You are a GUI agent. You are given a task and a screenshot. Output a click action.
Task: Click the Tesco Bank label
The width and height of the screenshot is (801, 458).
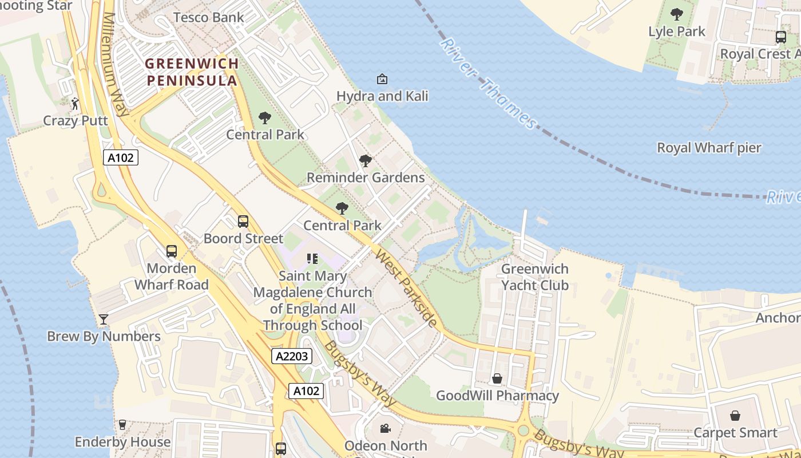(x=208, y=17)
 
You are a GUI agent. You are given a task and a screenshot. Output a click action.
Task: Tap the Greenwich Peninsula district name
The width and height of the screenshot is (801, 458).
(x=191, y=72)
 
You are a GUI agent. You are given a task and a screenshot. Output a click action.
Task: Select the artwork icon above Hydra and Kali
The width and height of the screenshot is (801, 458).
(x=382, y=79)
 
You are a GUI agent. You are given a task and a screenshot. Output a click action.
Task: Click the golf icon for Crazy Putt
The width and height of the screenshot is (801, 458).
(x=75, y=104)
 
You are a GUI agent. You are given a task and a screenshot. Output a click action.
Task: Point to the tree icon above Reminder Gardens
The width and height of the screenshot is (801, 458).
(x=366, y=161)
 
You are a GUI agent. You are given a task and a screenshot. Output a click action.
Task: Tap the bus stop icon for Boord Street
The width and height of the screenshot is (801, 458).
(x=243, y=222)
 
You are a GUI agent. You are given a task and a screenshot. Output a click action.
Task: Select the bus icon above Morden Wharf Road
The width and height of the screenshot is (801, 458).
(x=171, y=251)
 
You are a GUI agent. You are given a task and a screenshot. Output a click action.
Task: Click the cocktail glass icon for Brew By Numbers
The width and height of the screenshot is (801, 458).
(x=104, y=319)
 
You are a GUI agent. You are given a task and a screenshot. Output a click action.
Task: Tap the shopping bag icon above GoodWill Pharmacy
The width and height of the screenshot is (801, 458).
(x=497, y=379)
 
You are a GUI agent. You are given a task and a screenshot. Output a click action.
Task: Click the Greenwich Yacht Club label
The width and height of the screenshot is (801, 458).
(x=534, y=277)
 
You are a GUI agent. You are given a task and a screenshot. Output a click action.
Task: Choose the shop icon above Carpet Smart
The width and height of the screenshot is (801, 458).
(x=735, y=416)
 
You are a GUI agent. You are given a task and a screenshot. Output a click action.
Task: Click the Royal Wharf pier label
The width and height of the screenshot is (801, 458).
(x=709, y=148)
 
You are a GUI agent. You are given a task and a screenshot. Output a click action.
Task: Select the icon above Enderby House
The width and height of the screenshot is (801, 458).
(x=122, y=425)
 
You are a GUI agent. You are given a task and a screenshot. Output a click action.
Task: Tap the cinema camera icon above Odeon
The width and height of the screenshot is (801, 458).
(x=385, y=428)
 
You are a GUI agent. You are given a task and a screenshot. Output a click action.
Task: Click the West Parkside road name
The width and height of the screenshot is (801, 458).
(x=406, y=288)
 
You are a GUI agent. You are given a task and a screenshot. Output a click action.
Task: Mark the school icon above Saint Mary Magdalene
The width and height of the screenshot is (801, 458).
(x=312, y=259)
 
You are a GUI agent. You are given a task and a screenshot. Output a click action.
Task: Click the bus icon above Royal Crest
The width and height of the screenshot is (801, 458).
(x=780, y=37)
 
